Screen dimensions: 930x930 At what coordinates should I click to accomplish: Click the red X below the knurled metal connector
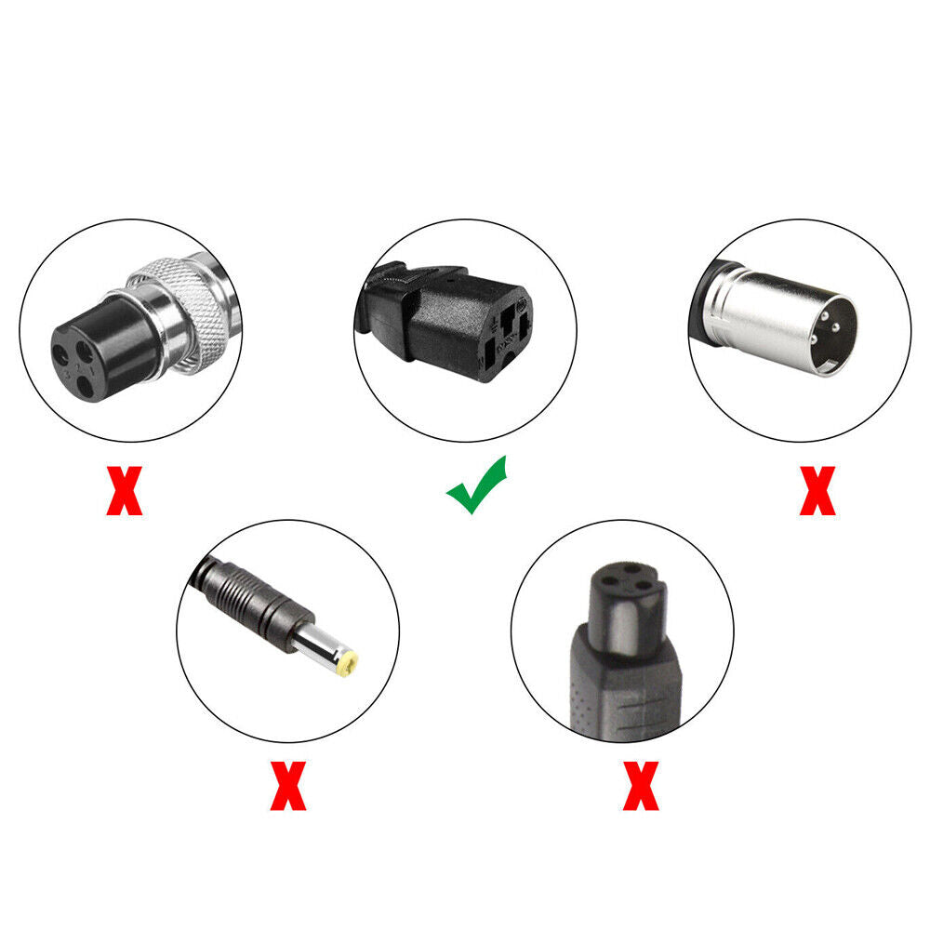click(125, 490)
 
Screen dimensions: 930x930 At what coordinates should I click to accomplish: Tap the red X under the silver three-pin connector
click(817, 490)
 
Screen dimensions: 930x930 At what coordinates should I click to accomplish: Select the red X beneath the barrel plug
click(288, 786)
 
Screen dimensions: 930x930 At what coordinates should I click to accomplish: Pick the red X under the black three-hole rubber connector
click(641, 786)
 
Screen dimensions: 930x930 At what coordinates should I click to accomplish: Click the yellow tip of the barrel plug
click(347, 663)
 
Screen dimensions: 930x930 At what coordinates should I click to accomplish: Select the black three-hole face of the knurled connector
click(74, 363)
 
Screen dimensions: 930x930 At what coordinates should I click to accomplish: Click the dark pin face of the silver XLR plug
click(834, 336)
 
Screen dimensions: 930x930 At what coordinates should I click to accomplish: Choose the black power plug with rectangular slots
click(444, 321)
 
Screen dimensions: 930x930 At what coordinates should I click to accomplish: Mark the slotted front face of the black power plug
click(505, 336)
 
